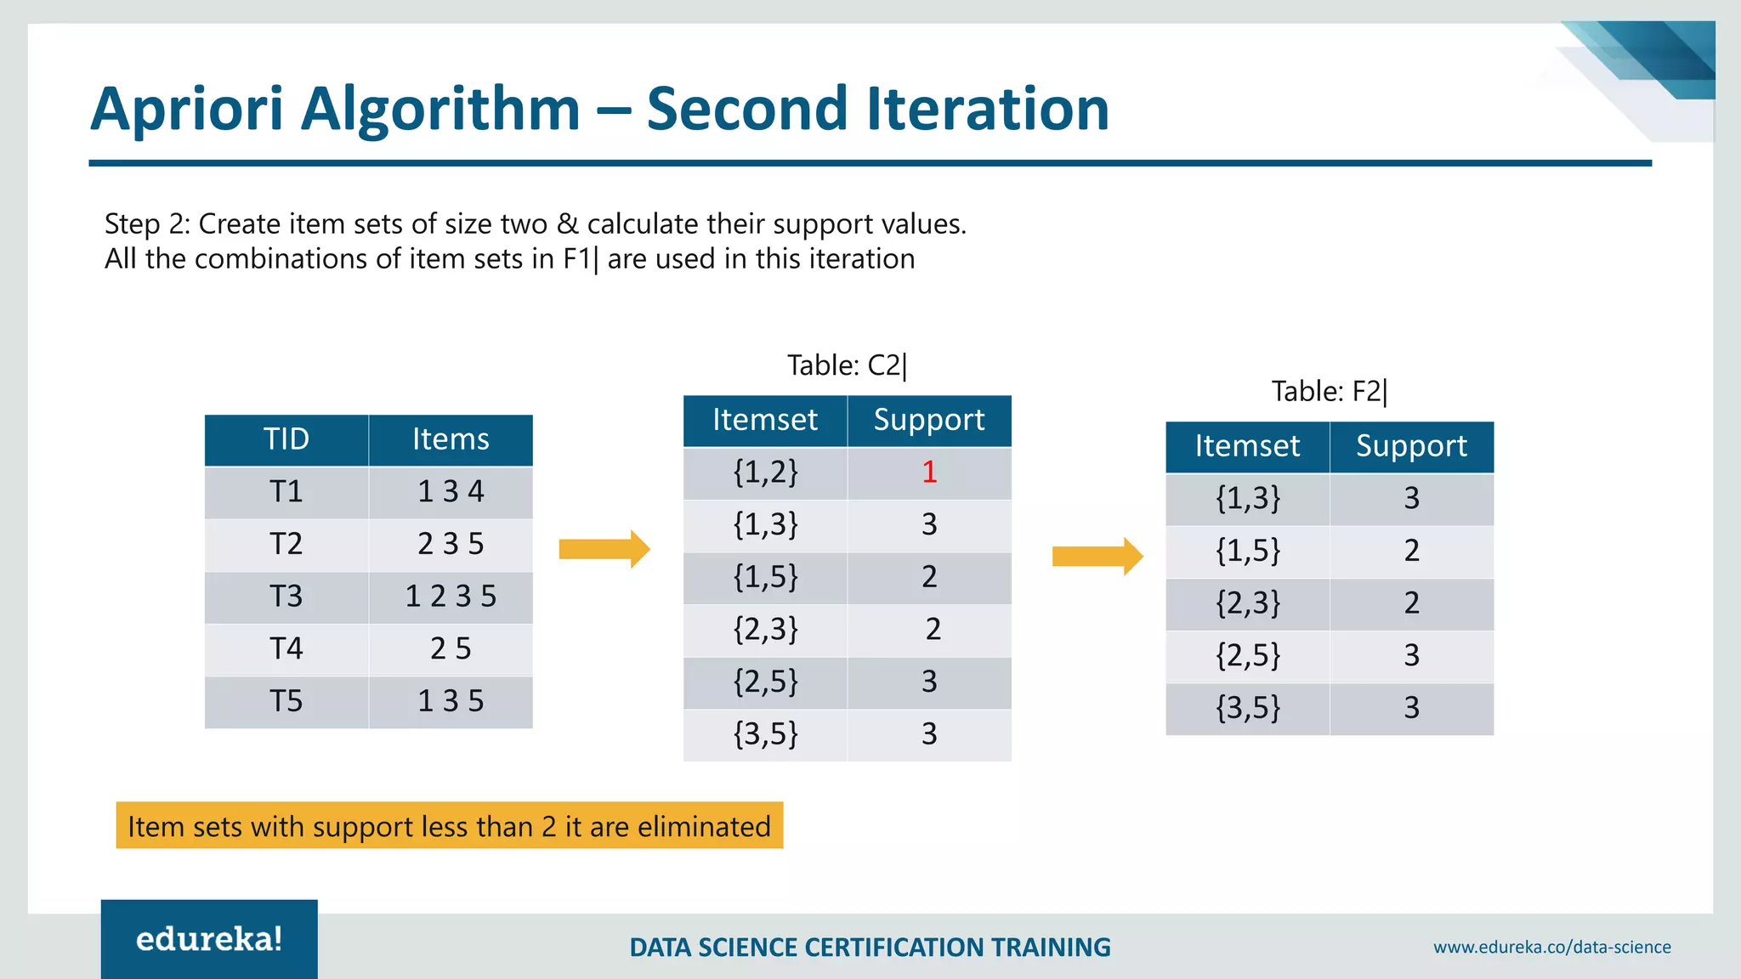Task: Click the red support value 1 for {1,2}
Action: [929, 473]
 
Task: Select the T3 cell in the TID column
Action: [286, 597]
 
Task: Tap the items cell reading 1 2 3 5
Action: [451, 597]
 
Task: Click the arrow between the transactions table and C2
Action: [604, 549]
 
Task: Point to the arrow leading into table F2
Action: [1097, 557]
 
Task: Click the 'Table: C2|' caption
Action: [847, 365]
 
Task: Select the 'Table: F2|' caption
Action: [1329, 392]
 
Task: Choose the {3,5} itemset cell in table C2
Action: [765, 734]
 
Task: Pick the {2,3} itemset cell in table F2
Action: [1247, 603]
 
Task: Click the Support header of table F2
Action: [1411, 446]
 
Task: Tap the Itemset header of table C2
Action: [765, 420]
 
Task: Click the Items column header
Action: [451, 439]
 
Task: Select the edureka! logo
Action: [209, 939]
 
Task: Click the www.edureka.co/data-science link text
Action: [1551, 947]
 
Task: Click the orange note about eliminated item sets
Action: [449, 826]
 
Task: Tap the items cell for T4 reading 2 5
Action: [451, 649]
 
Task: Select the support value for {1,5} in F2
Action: [1411, 551]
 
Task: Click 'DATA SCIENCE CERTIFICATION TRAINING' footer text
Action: [870, 947]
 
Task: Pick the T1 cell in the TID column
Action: [286, 492]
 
